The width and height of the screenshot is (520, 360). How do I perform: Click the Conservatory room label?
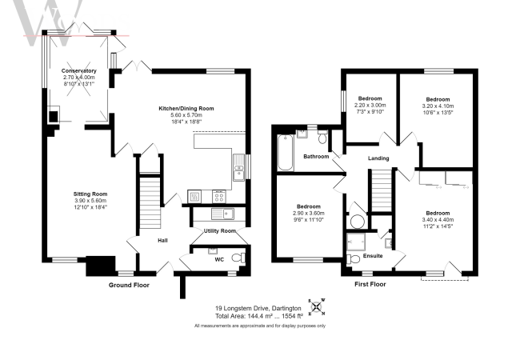point(78,71)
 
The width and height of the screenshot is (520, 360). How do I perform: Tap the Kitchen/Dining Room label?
point(186,108)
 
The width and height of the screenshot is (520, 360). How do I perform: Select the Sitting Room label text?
point(89,194)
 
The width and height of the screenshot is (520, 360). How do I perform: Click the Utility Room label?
point(219,231)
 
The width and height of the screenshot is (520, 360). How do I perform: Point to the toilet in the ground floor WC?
point(235,257)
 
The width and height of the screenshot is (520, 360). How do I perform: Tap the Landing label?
point(378,158)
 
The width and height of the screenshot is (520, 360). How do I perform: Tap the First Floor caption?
point(370,284)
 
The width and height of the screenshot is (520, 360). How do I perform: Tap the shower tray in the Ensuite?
point(355,240)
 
